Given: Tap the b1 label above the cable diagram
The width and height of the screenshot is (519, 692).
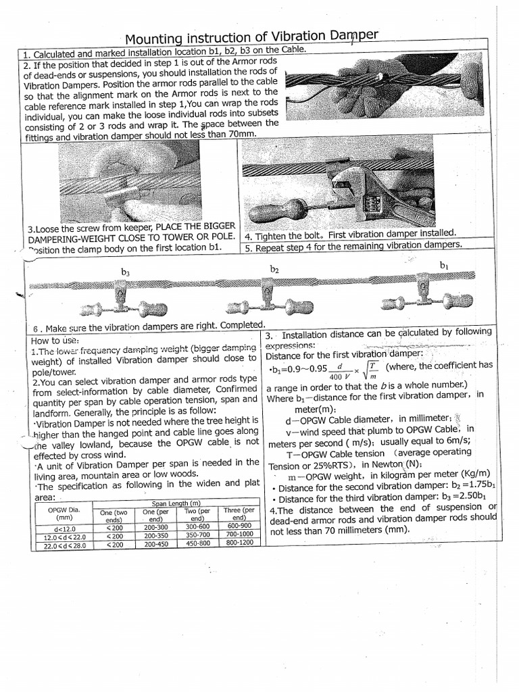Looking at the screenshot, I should (443, 266).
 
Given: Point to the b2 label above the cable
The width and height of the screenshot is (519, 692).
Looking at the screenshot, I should (274, 269).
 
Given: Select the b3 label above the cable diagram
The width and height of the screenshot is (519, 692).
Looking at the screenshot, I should (125, 272).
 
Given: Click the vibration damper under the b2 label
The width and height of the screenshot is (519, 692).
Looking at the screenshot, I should (263, 300).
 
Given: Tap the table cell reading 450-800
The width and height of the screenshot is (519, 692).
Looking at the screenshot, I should (199, 543).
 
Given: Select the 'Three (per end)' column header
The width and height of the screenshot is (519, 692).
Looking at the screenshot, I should (239, 515).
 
